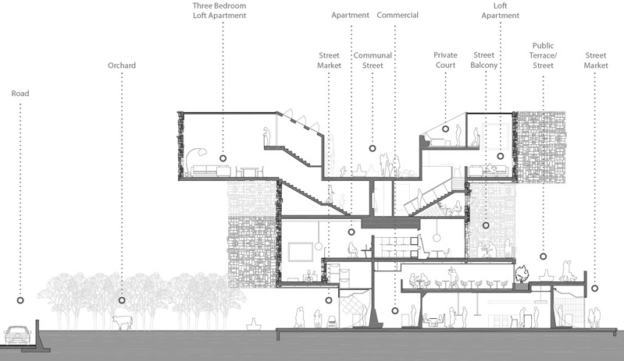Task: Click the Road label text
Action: click(20, 94)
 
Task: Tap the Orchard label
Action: click(122, 65)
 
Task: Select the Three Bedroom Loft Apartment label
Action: click(219, 11)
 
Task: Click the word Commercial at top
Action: click(398, 15)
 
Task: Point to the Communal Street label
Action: click(373, 60)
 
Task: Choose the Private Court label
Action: click(445, 60)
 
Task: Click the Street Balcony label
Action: click(484, 60)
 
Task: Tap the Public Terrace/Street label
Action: click(544, 55)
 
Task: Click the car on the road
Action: click(17, 335)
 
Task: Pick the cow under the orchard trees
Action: click(123, 322)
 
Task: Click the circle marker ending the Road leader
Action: click(20, 300)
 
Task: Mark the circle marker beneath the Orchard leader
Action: click(122, 300)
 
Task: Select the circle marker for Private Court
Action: click(445, 129)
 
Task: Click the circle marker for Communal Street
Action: click(372, 148)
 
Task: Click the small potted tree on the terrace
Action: click(522, 274)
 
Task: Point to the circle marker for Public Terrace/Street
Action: click(544, 257)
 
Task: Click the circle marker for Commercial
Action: click(394, 310)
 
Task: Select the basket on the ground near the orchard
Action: click(254, 324)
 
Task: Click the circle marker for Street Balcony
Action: click(486, 225)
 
